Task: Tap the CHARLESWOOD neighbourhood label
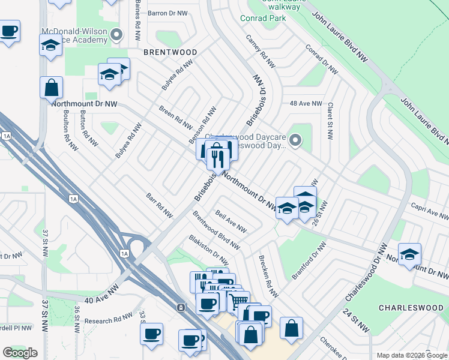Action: point(411,307)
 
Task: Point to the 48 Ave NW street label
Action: point(306,103)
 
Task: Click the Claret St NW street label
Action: point(330,121)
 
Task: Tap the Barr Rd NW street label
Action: point(159,205)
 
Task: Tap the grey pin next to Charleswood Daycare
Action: point(294,141)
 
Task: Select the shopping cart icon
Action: point(238,301)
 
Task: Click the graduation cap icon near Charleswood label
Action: point(409,254)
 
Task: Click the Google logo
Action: point(20,353)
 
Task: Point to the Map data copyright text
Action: point(412,355)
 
